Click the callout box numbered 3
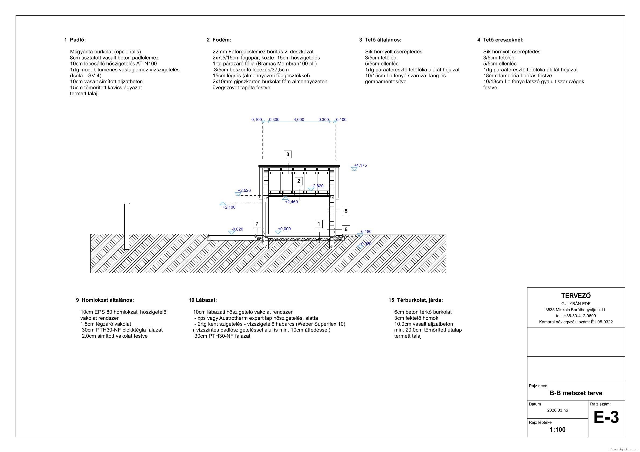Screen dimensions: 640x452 click(x=288, y=154)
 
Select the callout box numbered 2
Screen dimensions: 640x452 click(x=299, y=181)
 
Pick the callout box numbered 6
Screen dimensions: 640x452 click(x=346, y=229)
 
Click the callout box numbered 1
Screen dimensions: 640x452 click(x=319, y=224)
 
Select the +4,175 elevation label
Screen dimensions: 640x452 click(x=360, y=165)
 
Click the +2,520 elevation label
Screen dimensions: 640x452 click(x=244, y=191)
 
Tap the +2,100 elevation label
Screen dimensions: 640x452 click(x=229, y=207)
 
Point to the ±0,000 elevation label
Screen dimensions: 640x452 click(x=284, y=229)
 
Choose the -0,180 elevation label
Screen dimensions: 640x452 click(x=365, y=231)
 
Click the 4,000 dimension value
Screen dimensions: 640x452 click(x=299, y=119)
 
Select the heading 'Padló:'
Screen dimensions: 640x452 click(x=78, y=40)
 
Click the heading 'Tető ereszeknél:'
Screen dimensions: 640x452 click(x=503, y=40)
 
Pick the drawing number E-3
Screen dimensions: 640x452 click(x=606, y=417)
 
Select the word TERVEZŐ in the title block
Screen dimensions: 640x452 click(x=576, y=296)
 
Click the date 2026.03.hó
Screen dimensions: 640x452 click(x=558, y=410)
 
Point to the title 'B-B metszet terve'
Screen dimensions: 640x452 click(x=576, y=393)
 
